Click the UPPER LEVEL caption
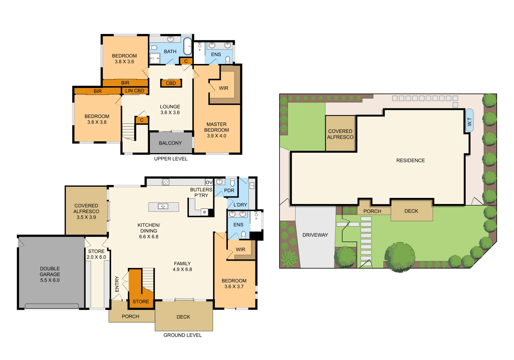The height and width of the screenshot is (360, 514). point(171,159)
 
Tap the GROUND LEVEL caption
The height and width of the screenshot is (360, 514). point(182,335)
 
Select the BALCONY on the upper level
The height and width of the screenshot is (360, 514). point(170,143)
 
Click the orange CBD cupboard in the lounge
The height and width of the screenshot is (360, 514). point(171,83)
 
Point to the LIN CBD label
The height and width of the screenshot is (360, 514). point(135,91)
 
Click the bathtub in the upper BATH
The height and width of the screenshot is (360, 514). point(188,46)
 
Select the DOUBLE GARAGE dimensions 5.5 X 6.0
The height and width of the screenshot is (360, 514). point(50,280)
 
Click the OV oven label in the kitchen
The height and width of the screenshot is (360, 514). point(209,182)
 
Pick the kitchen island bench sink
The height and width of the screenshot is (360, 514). point(163,206)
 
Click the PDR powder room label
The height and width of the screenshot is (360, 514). point(229,190)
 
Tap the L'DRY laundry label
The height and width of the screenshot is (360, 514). point(240,205)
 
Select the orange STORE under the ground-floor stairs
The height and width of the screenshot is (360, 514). point(141,301)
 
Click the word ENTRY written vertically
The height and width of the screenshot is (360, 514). point(117,284)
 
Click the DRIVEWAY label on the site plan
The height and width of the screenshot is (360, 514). point(315,235)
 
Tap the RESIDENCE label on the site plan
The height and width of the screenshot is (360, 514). point(410,160)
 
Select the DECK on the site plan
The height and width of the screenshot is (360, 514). point(411,211)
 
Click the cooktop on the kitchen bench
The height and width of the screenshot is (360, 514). point(166,182)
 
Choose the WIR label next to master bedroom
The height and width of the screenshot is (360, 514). point(224,88)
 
